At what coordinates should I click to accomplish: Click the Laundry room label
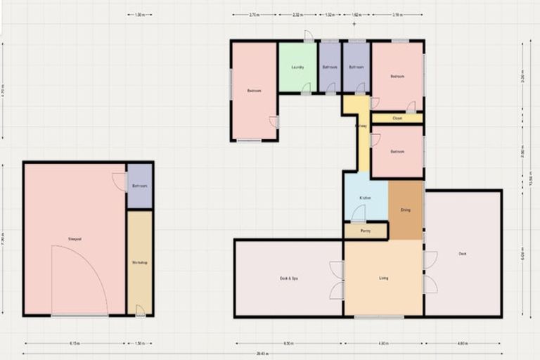click(297, 67)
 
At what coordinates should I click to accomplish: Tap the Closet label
click(397, 118)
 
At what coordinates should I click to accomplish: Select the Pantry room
click(366, 231)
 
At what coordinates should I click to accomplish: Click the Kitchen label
click(365, 198)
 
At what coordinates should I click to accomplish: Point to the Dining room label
click(405, 210)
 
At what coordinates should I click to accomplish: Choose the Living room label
click(383, 278)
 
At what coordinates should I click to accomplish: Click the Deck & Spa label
click(289, 278)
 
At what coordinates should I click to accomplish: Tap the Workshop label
click(139, 262)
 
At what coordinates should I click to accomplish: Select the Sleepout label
click(75, 239)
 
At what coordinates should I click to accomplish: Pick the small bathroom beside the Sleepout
click(139, 186)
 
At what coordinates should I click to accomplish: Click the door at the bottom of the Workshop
click(140, 310)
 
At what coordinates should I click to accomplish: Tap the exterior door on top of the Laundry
click(309, 37)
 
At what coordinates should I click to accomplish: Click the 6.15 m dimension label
click(75, 344)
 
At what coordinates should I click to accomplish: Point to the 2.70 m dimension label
click(254, 14)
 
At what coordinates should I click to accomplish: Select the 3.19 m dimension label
click(398, 14)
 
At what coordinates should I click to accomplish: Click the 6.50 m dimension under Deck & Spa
click(289, 344)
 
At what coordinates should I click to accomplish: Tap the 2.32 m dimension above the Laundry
click(298, 14)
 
